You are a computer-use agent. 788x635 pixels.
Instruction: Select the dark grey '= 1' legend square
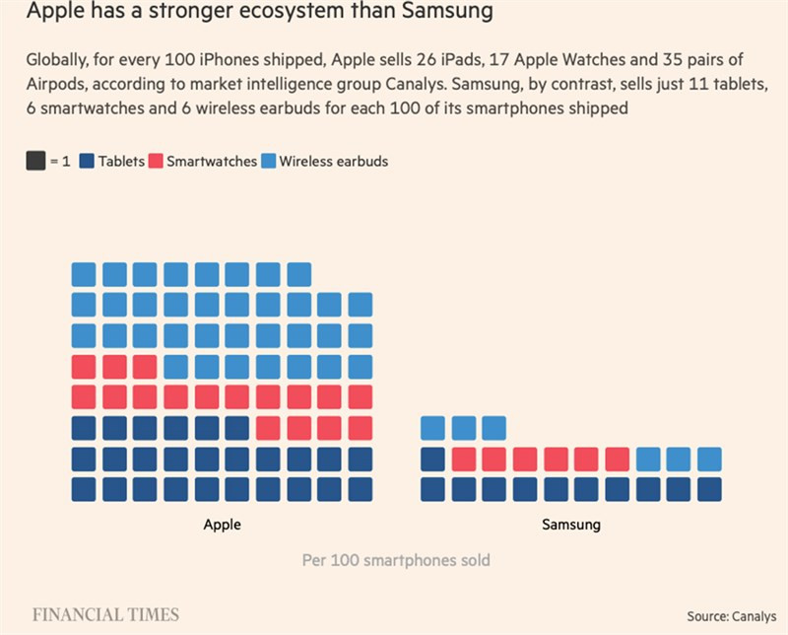pos(35,161)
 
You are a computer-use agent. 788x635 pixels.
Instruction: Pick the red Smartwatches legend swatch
pos(157,161)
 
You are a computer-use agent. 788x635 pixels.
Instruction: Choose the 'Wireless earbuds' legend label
pos(334,161)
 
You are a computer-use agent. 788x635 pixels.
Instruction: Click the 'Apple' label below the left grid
pos(222,525)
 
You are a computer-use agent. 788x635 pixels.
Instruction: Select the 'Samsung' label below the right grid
pos(571,525)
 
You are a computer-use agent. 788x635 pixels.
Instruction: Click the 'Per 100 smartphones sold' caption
pos(395,560)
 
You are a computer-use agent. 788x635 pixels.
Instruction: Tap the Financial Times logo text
pos(106,615)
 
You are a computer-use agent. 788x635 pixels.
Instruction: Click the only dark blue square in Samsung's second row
pos(432,459)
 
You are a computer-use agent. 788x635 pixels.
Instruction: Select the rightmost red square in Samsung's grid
pos(618,459)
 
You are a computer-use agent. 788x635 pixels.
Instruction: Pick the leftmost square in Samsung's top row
pos(432,428)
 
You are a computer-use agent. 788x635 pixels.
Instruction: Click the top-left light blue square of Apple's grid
pos(84,274)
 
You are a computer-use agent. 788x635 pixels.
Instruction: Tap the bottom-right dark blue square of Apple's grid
pos(361,489)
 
